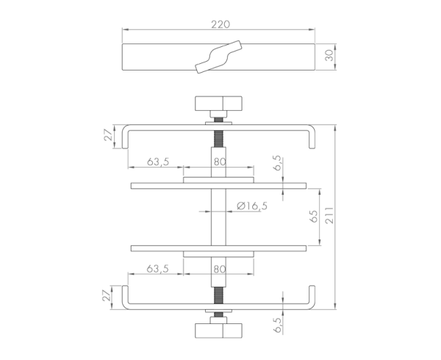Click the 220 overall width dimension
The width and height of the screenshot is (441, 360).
[218, 24]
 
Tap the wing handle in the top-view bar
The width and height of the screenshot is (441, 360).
[218, 57]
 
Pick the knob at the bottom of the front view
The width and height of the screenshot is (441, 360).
[218, 328]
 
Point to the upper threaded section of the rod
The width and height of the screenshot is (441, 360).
[218, 140]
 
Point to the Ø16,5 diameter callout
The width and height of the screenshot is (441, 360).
[251, 207]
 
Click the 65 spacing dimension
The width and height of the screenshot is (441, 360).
[314, 217]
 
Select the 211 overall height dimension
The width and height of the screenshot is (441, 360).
[330, 215]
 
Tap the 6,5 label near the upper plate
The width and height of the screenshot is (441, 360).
[277, 162]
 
